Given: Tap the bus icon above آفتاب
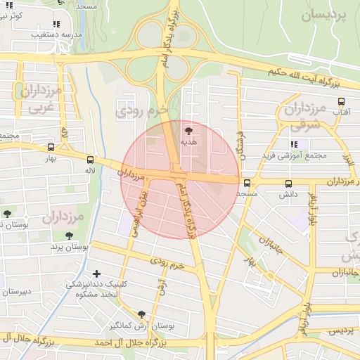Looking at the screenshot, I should click(x=342, y=101).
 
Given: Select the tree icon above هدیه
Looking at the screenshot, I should click(x=188, y=130).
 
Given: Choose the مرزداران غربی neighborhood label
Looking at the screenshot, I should click(x=37, y=100).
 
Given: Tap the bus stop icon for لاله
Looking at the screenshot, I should click(x=89, y=159).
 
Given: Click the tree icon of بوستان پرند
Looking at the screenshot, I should click(x=69, y=236).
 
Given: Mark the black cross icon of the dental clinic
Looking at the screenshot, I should click(x=96, y=273).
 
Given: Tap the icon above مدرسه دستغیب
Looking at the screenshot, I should click(x=56, y=24).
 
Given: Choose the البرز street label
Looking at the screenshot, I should click(x=345, y=150).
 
